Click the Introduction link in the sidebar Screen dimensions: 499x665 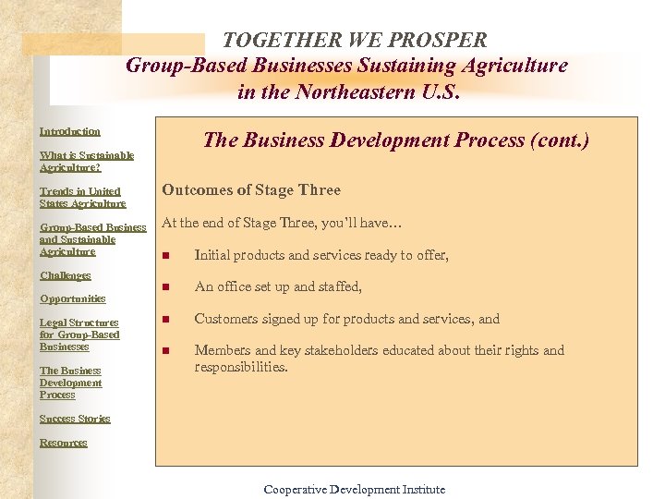[70, 131]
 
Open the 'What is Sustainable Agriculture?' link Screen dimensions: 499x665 [86, 162]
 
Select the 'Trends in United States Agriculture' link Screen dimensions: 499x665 [82, 198]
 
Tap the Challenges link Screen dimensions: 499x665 [65, 275]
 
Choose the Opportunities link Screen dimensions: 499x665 [72, 298]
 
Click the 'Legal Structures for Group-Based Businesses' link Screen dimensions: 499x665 [79, 335]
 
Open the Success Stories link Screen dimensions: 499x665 [74, 419]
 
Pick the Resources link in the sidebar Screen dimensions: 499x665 [63, 443]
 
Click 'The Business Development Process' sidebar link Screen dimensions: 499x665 [70, 383]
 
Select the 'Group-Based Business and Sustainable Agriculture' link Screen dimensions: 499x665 [92, 239]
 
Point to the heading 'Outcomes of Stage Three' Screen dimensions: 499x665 [251, 190]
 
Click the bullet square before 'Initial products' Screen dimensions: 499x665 [166, 256]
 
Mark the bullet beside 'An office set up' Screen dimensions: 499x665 [166, 288]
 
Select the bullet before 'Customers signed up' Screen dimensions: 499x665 [166, 320]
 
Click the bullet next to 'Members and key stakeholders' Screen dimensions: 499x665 [166, 351]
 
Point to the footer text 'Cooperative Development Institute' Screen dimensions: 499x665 [354, 490]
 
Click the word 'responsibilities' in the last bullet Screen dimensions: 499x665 [241, 367]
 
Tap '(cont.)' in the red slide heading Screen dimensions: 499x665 [559, 140]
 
